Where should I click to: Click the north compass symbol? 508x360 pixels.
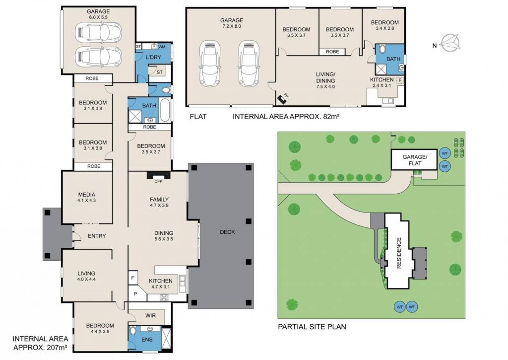tap(450, 43)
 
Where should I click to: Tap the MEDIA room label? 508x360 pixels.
tap(86, 195)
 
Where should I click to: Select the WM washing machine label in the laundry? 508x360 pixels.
tap(162, 47)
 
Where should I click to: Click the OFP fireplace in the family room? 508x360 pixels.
tap(158, 175)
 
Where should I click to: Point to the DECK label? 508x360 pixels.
tap(227, 232)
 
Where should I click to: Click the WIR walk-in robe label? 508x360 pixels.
tap(150, 316)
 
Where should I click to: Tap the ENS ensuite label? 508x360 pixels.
tap(147, 340)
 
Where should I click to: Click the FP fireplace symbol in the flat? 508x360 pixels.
tap(282, 99)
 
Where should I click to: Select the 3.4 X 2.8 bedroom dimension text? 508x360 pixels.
tap(385, 28)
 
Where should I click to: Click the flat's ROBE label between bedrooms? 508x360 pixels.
tap(332, 52)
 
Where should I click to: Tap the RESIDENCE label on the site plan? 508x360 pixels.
tap(399, 253)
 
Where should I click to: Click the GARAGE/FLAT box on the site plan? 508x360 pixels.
tap(414, 159)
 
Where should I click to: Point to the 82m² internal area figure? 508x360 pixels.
tap(331, 116)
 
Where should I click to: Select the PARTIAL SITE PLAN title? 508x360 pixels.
tap(312, 327)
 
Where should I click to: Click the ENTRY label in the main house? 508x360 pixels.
tap(97, 236)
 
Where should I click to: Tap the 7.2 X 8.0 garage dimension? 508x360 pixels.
tap(232, 26)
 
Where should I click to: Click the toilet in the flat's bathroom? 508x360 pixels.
tap(382, 49)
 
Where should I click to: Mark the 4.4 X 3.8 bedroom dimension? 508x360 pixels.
tap(100, 332)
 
